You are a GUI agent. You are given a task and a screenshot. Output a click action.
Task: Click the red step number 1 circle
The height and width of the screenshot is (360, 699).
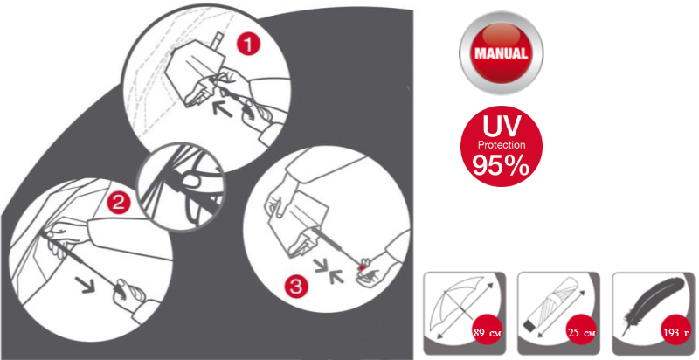point(248,45)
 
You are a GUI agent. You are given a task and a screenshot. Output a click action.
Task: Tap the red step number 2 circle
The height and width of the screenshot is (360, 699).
point(118,204)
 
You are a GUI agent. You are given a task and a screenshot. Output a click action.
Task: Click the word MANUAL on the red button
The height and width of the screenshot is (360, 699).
point(501,53)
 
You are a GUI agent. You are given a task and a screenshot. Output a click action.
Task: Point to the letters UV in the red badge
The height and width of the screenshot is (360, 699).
point(502,126)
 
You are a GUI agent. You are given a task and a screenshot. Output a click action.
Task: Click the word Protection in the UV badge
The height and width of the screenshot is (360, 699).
point(502,145)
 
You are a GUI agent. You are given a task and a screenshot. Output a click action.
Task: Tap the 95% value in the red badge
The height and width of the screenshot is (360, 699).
point(501,165)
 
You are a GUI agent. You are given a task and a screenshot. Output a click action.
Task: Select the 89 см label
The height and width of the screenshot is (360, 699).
point(488,333)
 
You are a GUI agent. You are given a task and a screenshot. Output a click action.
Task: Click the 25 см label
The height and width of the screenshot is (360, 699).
point(581,333)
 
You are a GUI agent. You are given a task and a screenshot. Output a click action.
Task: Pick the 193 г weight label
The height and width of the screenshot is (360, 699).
point(676,333)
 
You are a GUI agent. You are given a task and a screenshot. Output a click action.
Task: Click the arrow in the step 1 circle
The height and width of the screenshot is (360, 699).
point(222,109)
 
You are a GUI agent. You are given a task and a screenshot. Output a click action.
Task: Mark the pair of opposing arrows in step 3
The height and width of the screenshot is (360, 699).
point(329,272)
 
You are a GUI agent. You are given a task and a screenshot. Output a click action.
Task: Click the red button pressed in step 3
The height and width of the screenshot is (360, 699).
point(361,267)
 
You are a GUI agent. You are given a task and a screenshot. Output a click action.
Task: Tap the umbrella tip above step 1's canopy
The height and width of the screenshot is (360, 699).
point(218,40)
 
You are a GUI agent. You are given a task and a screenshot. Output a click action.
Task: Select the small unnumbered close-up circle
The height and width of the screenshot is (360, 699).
point(181,187)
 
